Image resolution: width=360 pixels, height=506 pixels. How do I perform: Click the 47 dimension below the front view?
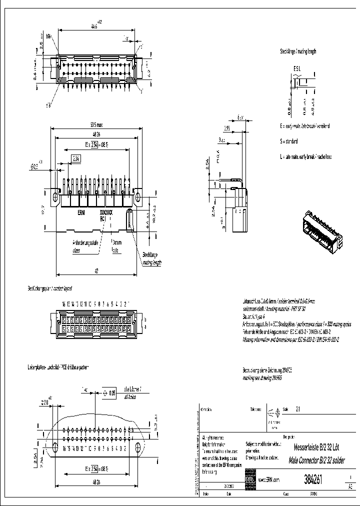[96, 270]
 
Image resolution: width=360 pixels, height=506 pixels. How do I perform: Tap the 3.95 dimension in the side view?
[227, 128]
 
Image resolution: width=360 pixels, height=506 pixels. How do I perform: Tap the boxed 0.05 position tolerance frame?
[109, 393]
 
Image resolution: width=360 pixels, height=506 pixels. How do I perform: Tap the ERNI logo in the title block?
[249, 479]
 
